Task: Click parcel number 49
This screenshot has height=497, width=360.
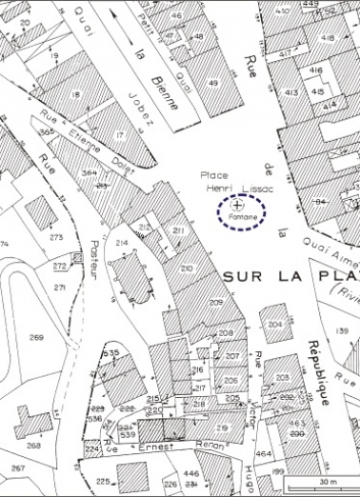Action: [213, 84]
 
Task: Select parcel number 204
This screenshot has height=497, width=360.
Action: [275, 325]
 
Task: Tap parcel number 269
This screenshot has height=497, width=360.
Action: [36, 338]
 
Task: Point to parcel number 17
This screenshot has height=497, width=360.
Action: [120, 136]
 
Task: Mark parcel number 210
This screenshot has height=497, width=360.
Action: [187, 268]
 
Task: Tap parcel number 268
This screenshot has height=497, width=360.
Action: [33, 446]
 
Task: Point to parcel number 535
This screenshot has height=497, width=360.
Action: [111, 352]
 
